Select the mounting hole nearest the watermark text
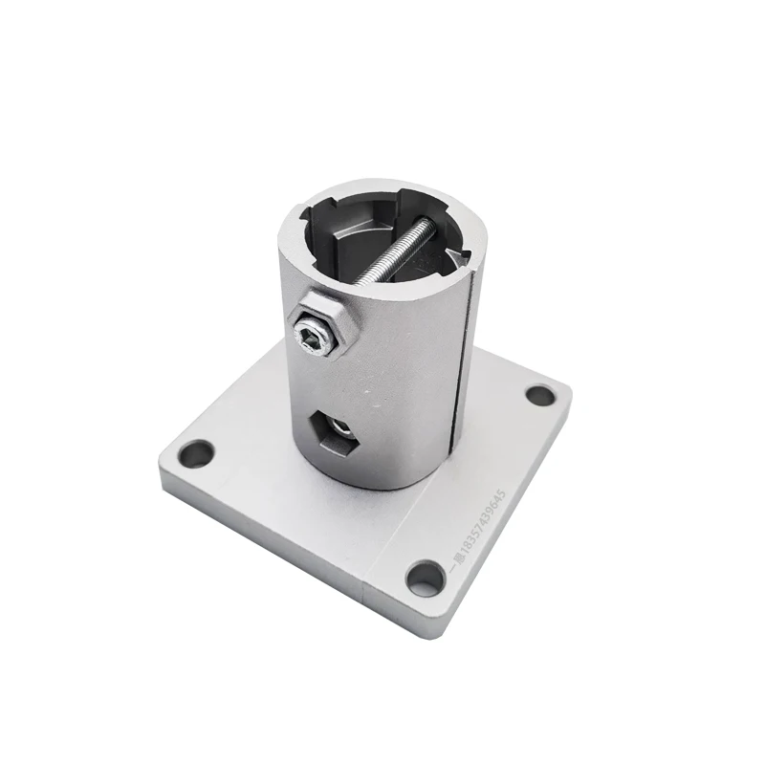point(422,576)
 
